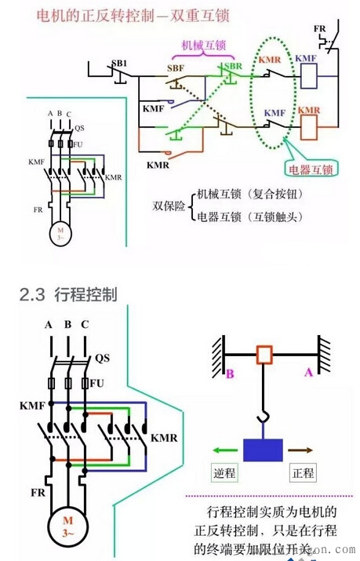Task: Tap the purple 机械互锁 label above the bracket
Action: coord(199,46)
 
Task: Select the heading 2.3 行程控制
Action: coord(68,295)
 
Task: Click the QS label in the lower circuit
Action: coord(102,358)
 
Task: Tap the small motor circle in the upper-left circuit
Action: coord(60,233)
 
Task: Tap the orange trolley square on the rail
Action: coord(264,355)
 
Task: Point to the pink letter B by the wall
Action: coord(230,374)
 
